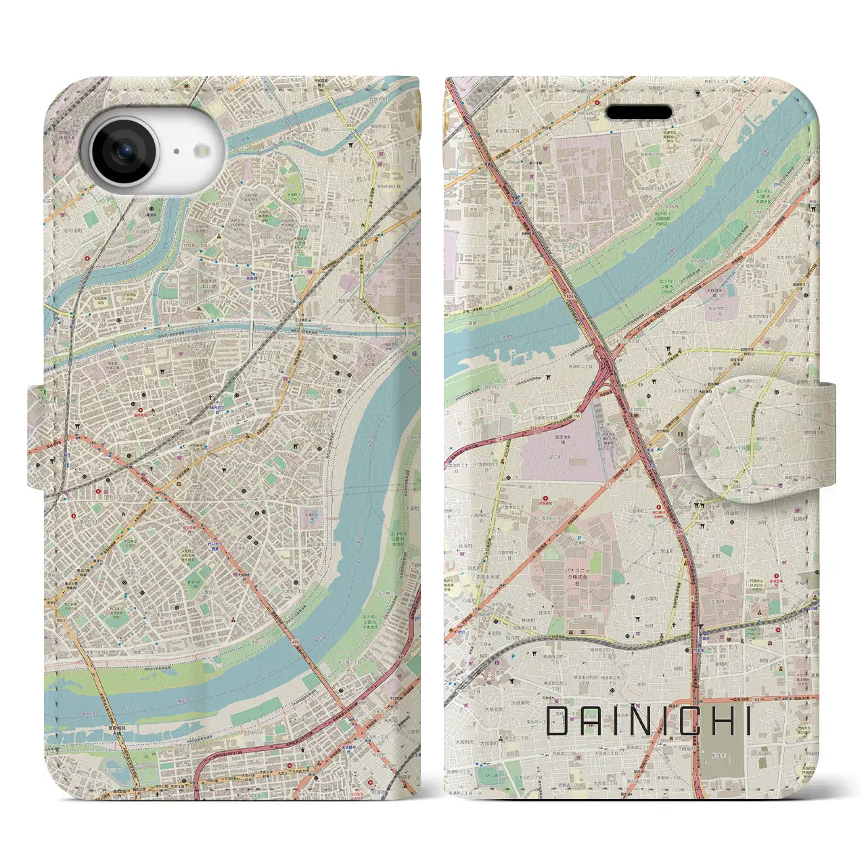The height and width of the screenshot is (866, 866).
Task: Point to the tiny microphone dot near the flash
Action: tap(175, 152)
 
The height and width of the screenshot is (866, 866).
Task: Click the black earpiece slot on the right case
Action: tap(639, 112)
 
